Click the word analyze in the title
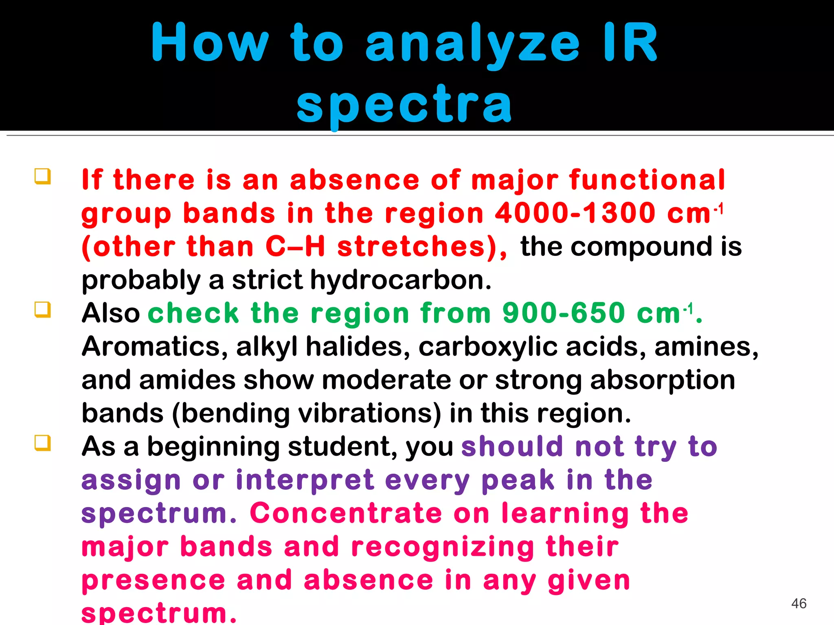(x=472, y=44)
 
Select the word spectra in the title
(x=404, y=105)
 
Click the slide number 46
(x=799, y=603)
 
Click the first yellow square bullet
(x=43, y=177)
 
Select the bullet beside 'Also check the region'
(x=43, y=310)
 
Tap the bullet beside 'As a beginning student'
(x=43, y=443)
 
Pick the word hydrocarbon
(x=401, y=280)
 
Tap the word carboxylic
(x=488, y=347)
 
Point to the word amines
(x=707, y=347)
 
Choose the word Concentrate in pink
(x=346, y=513)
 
